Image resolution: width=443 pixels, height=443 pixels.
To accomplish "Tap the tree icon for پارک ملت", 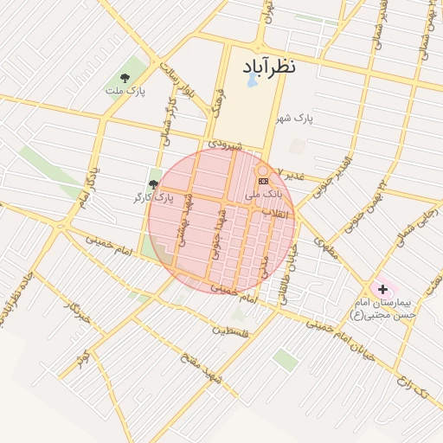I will click(x=137, y=77).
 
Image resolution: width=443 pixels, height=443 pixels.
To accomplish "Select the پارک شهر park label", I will click(x=295, y=118).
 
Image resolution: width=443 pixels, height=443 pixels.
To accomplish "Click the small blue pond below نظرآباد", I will click(x=252, y=80).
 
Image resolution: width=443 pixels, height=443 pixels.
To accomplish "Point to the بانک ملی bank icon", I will click(x=263, y=181).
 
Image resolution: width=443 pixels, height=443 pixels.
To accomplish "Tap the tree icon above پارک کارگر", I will click(x=154, y=184).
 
